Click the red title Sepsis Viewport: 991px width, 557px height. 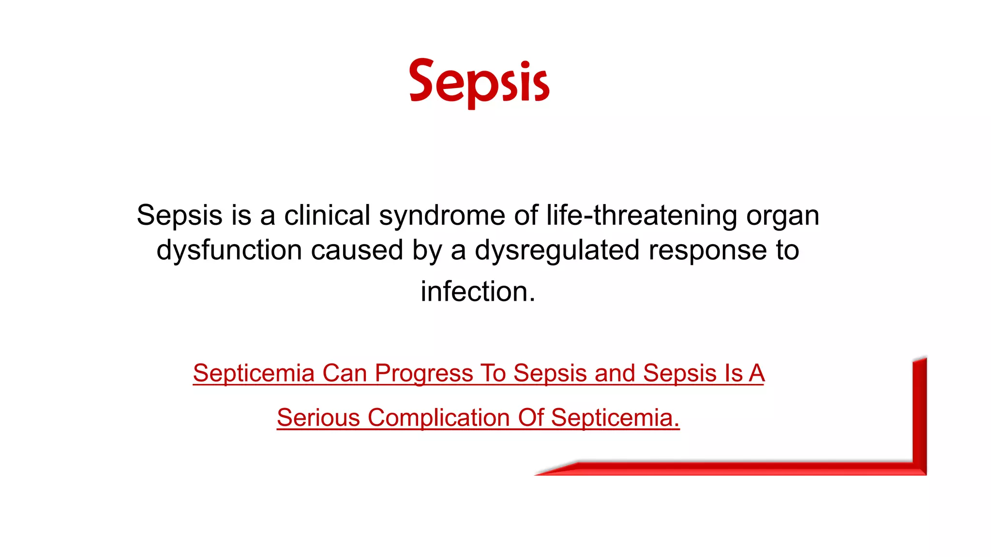tap(479, 82)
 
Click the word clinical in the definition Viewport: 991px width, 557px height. tap(327, 215)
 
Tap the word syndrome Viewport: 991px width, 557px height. tap(442, 216)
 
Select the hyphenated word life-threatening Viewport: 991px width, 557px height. tap(642, 216)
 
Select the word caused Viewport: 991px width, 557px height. tap(357, 250)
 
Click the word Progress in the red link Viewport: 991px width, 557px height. tap(424, 373)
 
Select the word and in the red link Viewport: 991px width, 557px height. tap(615, 373)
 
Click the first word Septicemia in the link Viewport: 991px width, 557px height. tap(254, 373)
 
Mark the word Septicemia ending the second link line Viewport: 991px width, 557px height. tap(615, 418)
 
